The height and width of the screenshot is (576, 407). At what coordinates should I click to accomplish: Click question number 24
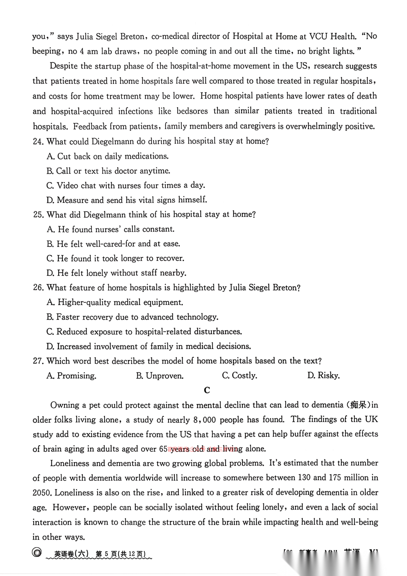click(38, 141)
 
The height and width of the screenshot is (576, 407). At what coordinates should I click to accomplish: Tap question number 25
click(38, 214)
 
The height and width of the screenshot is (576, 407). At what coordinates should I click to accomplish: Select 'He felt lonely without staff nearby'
click(117, 273)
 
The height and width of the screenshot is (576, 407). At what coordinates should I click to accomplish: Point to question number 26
click(38, 288)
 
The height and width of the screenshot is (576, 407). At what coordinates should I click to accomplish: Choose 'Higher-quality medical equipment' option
click(115, 302)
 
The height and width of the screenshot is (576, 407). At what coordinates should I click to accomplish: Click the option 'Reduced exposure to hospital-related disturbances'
click(144, 332)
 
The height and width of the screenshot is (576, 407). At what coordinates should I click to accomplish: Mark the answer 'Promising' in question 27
click(71, 376)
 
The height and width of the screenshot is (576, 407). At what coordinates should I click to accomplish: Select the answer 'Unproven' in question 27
click(160, 376)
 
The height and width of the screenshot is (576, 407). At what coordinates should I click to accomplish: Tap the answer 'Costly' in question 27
click(240, 376)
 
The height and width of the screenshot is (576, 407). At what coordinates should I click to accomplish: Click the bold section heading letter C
click(207, 390)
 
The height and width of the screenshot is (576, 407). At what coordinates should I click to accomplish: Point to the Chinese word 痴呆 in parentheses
click(358, 405)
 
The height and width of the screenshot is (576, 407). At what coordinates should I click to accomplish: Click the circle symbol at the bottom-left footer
click(37, 553)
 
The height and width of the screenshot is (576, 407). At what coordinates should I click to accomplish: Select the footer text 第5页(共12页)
click(120, 554)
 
